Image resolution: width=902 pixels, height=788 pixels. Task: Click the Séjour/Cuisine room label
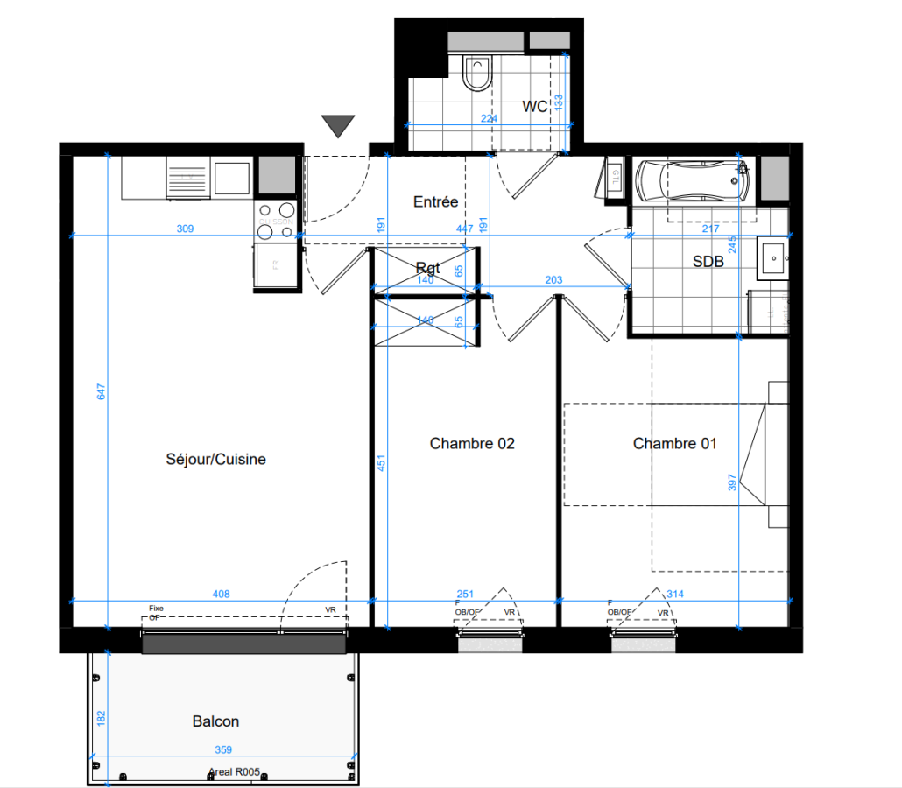click(215, 459)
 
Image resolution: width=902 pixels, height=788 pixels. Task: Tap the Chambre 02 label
click(472, 444)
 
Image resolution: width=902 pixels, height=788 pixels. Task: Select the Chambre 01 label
click(674, 444)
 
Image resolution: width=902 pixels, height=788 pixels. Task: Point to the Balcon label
click(215, 721)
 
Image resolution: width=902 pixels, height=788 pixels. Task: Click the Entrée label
click(435, 202)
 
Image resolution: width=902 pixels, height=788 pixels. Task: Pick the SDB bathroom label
click(708, 261)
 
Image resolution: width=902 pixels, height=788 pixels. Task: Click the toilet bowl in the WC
click(477, 74)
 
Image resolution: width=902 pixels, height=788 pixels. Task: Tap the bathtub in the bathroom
click(693, 181)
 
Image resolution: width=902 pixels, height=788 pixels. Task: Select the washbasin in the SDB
click(773, 258)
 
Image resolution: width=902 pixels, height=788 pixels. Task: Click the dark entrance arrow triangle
click(337, 126)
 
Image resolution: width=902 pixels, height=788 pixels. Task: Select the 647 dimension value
click(102, 394)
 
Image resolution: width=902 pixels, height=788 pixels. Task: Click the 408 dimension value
click(221, 594)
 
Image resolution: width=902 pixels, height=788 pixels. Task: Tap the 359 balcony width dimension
click(222, 750)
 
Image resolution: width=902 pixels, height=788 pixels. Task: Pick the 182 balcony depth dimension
click(102, 719)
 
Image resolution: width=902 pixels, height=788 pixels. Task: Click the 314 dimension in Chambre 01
click(674, 594)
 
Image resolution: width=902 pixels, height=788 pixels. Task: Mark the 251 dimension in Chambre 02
click(465, 594)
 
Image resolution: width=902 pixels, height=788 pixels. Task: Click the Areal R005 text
click(234, 772)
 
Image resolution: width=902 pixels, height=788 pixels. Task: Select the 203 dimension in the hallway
click(553, 280)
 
